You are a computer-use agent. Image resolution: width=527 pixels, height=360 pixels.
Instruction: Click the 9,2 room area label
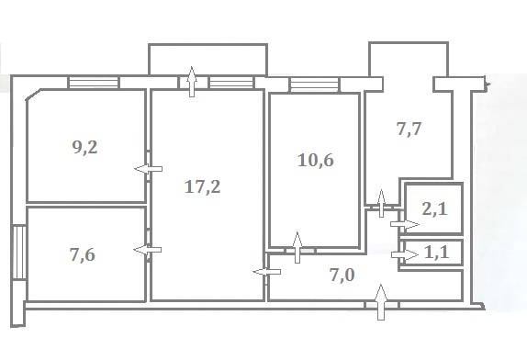85,147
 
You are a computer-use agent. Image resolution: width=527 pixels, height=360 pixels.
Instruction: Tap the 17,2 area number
203,186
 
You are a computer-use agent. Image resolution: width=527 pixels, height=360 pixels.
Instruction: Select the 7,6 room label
83,254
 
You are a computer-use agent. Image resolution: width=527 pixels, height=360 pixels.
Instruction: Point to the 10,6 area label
316,160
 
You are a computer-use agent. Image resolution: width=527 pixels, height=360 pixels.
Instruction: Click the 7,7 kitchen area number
409,129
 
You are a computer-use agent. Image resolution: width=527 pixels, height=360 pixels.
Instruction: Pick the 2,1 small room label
435,209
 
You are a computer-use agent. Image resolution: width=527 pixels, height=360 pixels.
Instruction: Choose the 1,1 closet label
437,252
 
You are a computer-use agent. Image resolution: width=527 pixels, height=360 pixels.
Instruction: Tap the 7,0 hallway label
342,275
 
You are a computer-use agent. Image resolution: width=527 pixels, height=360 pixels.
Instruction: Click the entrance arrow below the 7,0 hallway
381,302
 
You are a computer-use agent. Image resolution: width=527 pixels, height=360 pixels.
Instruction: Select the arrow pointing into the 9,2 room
148,169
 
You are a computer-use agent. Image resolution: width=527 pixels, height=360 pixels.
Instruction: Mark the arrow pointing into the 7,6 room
148,250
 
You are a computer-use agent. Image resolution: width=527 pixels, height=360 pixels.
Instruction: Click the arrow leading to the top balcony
192,82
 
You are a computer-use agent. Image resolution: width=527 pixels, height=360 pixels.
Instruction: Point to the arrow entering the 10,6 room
297,247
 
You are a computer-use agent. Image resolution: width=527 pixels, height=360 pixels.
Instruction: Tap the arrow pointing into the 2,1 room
405,224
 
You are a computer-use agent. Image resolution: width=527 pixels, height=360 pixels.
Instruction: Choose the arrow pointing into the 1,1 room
405,255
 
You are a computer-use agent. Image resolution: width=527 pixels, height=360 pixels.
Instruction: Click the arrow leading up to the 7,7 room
381,203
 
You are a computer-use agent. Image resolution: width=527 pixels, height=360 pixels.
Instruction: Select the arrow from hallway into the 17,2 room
267,272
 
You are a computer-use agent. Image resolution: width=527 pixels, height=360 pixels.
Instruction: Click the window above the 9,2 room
94,83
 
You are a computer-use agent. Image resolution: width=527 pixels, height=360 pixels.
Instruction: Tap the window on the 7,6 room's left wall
19,253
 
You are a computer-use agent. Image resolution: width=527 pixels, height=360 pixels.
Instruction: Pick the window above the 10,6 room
315,84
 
